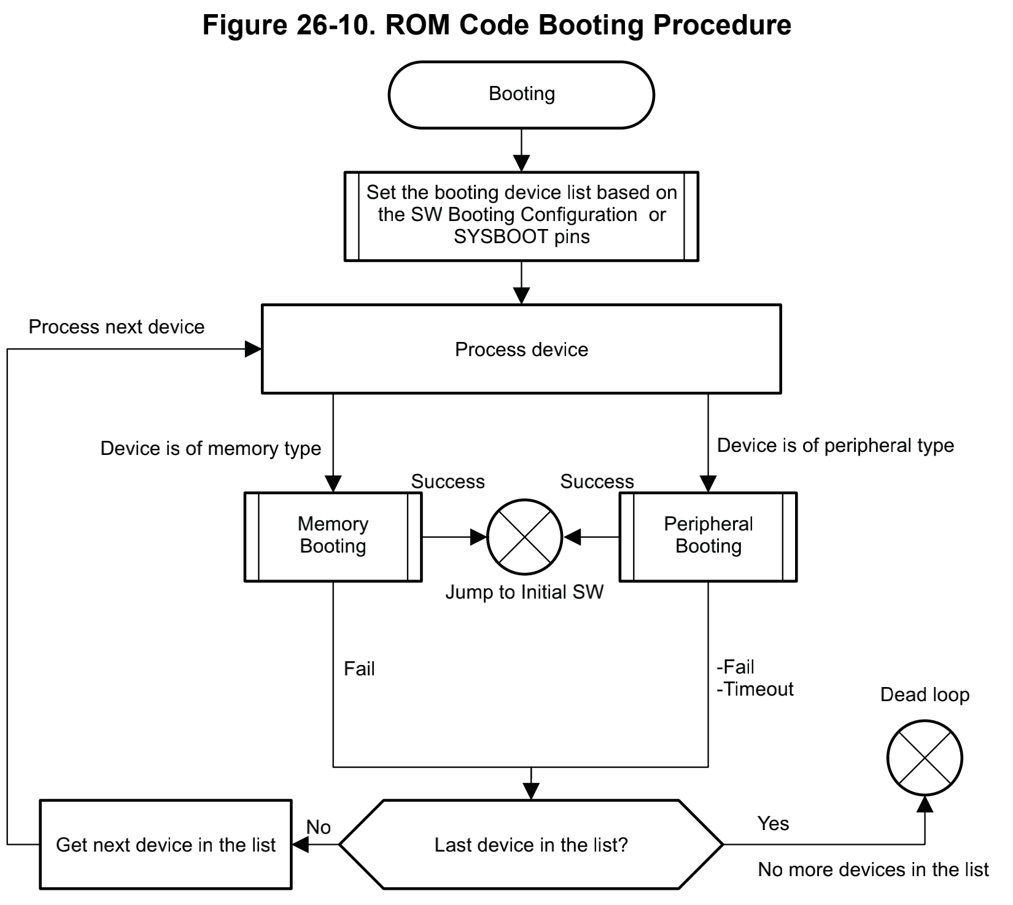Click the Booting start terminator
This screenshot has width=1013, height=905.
click(x=521, y=95)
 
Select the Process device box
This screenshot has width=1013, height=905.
click(x=521, y=349)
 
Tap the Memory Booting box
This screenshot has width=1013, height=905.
click(x=333, y=536)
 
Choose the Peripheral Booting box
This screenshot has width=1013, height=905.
click(x=708, y=536)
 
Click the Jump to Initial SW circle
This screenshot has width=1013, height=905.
click(x=525, y=537)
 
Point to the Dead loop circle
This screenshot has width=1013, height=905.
click(x=925, y=758)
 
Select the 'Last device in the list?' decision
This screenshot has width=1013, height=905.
click(x=531, y=844)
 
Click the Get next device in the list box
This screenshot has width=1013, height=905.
click(x=166, y=844)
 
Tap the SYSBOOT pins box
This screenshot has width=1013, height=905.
click(x=521, y=216)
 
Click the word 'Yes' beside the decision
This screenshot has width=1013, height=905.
click(x=773, y=823)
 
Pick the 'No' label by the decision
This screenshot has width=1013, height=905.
click(x=319, y=827)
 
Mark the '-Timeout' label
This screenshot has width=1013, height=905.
click(x=755, y=689)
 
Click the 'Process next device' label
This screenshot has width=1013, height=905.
click(x=117, y=327)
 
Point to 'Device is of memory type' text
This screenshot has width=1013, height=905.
click(x=211, y=448)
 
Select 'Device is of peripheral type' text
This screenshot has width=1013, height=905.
click(x=835, y=445)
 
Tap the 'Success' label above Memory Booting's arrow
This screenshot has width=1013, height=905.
click(x=448, y=481)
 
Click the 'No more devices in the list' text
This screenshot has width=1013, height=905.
click(x=873, y=869)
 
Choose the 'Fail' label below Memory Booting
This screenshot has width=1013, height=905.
click(x=359, y=668)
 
